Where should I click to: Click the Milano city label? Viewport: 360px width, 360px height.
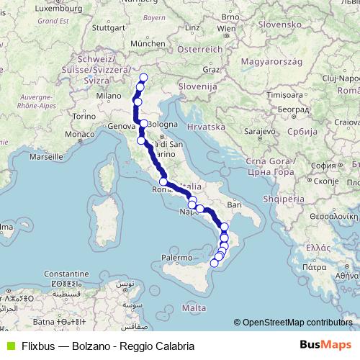click(x=109, y=95)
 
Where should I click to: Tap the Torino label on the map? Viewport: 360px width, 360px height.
click(x=84, y=116)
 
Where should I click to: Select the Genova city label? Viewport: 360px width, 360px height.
click(x=120, y=125)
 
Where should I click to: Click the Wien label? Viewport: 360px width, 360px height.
click(x=226, y=29)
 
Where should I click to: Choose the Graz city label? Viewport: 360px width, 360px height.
click(x=211, y=70)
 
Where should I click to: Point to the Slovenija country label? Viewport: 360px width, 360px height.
click(x=199, y=86)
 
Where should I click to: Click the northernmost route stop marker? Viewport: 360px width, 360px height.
click(x=143, y=78)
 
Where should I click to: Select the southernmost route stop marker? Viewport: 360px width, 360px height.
click(x=214, y=264)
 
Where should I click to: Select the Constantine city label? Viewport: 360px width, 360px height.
click(x=45, y=274)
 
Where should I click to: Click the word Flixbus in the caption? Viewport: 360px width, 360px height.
click(x=34, y=346)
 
